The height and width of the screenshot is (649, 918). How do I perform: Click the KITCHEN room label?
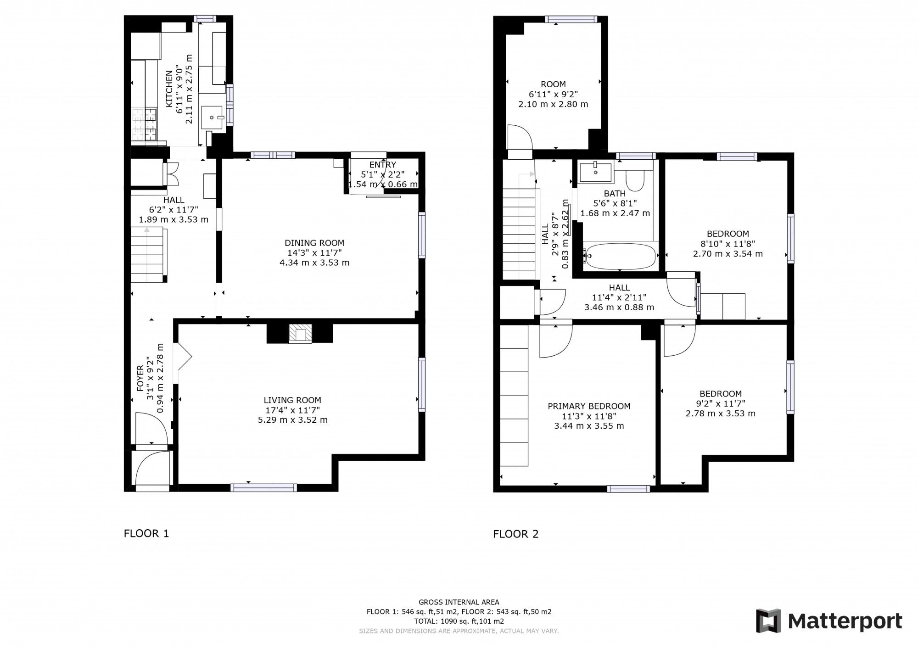click(x=169, y=89)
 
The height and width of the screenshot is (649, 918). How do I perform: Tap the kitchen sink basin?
click(x=212, y=117)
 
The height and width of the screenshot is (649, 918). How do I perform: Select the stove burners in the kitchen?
click(x=145, y=125)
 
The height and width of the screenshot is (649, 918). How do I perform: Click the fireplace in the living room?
click(x=300, y=334)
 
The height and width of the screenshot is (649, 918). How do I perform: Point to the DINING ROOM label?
click(x=314, y=243)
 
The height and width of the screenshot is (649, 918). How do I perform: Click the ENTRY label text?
click(x=382, y=165)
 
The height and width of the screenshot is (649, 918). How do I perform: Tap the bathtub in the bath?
click(x=620, y=256)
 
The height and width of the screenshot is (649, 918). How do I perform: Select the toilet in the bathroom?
click(x=636, y=180)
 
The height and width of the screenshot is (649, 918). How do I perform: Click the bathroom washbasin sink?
click(x=595, y=172)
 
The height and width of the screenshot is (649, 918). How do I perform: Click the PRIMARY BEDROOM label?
click(x=589, y=406)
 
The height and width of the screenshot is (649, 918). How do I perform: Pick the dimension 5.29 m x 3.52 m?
click(x=293, y=420)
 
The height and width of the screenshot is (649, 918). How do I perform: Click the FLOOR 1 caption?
click(x=146, y=533)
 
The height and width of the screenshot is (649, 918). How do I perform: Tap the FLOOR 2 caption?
click(x=515, y=534)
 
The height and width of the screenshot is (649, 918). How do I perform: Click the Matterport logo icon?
click(x=768, y=621)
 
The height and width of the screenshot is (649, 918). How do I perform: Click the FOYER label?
click(x=140, y=378)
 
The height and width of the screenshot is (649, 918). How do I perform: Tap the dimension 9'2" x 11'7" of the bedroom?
click(x=720, y=403)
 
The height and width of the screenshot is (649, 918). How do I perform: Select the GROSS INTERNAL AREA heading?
click(x=459, y=602)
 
